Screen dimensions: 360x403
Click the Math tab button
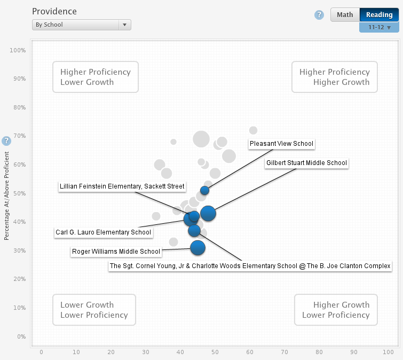345,14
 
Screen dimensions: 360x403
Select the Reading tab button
379,14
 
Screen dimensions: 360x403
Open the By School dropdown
81,25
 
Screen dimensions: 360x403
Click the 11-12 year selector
379,27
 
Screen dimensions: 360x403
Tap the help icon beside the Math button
319,15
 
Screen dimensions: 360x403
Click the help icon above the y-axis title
6,141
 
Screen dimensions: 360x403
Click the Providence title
54,11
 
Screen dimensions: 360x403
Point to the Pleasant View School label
281,143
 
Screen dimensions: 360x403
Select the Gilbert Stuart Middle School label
306,163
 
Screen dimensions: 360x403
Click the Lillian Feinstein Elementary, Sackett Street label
122,186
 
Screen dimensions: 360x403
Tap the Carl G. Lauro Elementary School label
104,232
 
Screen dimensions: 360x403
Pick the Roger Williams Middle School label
116,252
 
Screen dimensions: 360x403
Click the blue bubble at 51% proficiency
204,190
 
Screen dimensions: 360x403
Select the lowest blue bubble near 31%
198,247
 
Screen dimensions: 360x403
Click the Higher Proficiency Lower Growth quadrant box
95,77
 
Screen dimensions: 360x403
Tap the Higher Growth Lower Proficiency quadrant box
336,310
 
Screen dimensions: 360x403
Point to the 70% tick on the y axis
19,136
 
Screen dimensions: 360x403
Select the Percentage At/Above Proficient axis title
6,195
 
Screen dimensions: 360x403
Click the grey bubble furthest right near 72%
254,130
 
